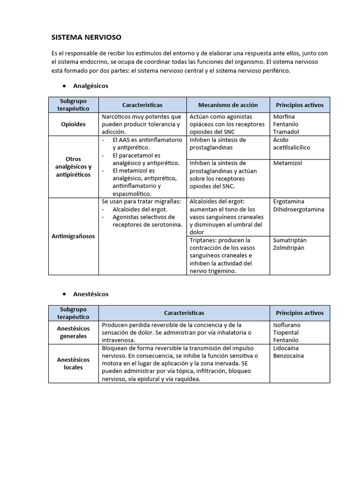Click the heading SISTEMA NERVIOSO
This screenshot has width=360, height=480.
86,37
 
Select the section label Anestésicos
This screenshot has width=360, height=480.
90,294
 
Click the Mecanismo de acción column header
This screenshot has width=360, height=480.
228,105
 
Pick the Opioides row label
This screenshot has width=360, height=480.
74,124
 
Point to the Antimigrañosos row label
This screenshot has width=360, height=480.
74,236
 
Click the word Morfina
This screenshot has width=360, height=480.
284,117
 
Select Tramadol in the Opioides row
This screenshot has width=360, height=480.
286,132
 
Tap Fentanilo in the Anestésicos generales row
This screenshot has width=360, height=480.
286,340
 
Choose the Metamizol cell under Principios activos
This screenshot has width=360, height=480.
288,163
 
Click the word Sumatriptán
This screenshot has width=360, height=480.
290,240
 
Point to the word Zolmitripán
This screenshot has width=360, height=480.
289,247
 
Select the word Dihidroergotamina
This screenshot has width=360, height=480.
299,209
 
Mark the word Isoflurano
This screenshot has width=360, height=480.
287,325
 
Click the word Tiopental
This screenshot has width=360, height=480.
286,332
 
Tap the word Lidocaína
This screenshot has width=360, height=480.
286,348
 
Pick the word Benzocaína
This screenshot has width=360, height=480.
288,355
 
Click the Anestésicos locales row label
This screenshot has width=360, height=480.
74,363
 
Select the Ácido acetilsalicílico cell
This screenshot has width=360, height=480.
292,143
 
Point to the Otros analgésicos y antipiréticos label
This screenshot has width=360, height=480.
74,167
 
